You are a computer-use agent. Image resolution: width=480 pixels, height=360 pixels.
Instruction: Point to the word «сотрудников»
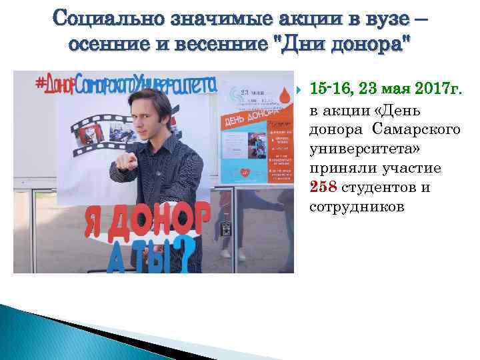pyautogui.click(x=357, y=207)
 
